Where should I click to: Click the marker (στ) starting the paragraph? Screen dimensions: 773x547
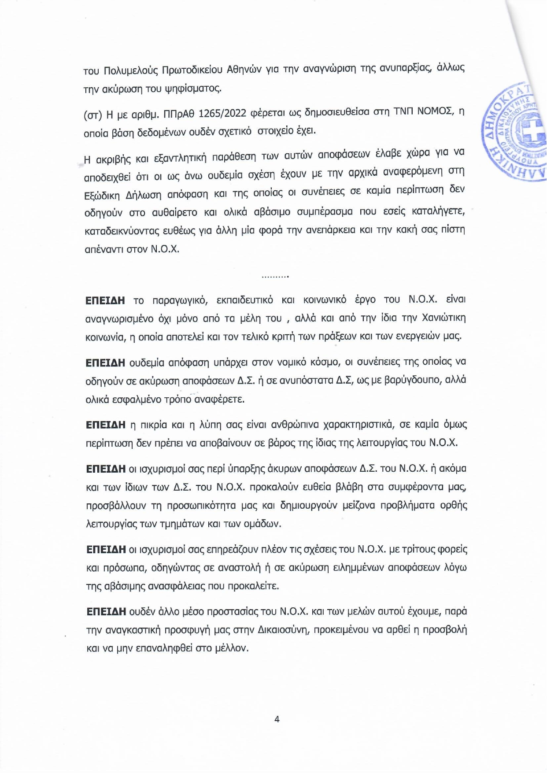pos(92,115)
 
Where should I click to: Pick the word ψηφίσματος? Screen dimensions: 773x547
pos(192,89)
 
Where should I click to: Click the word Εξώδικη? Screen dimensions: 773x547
pos(102,195)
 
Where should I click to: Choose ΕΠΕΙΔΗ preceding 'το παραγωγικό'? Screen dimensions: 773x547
pos(105,300)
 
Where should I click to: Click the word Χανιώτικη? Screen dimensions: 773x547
pos(444,318)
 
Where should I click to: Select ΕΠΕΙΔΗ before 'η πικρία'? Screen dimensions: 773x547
pos(106,425)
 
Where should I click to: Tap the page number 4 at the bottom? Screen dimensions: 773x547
pos(277,719)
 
